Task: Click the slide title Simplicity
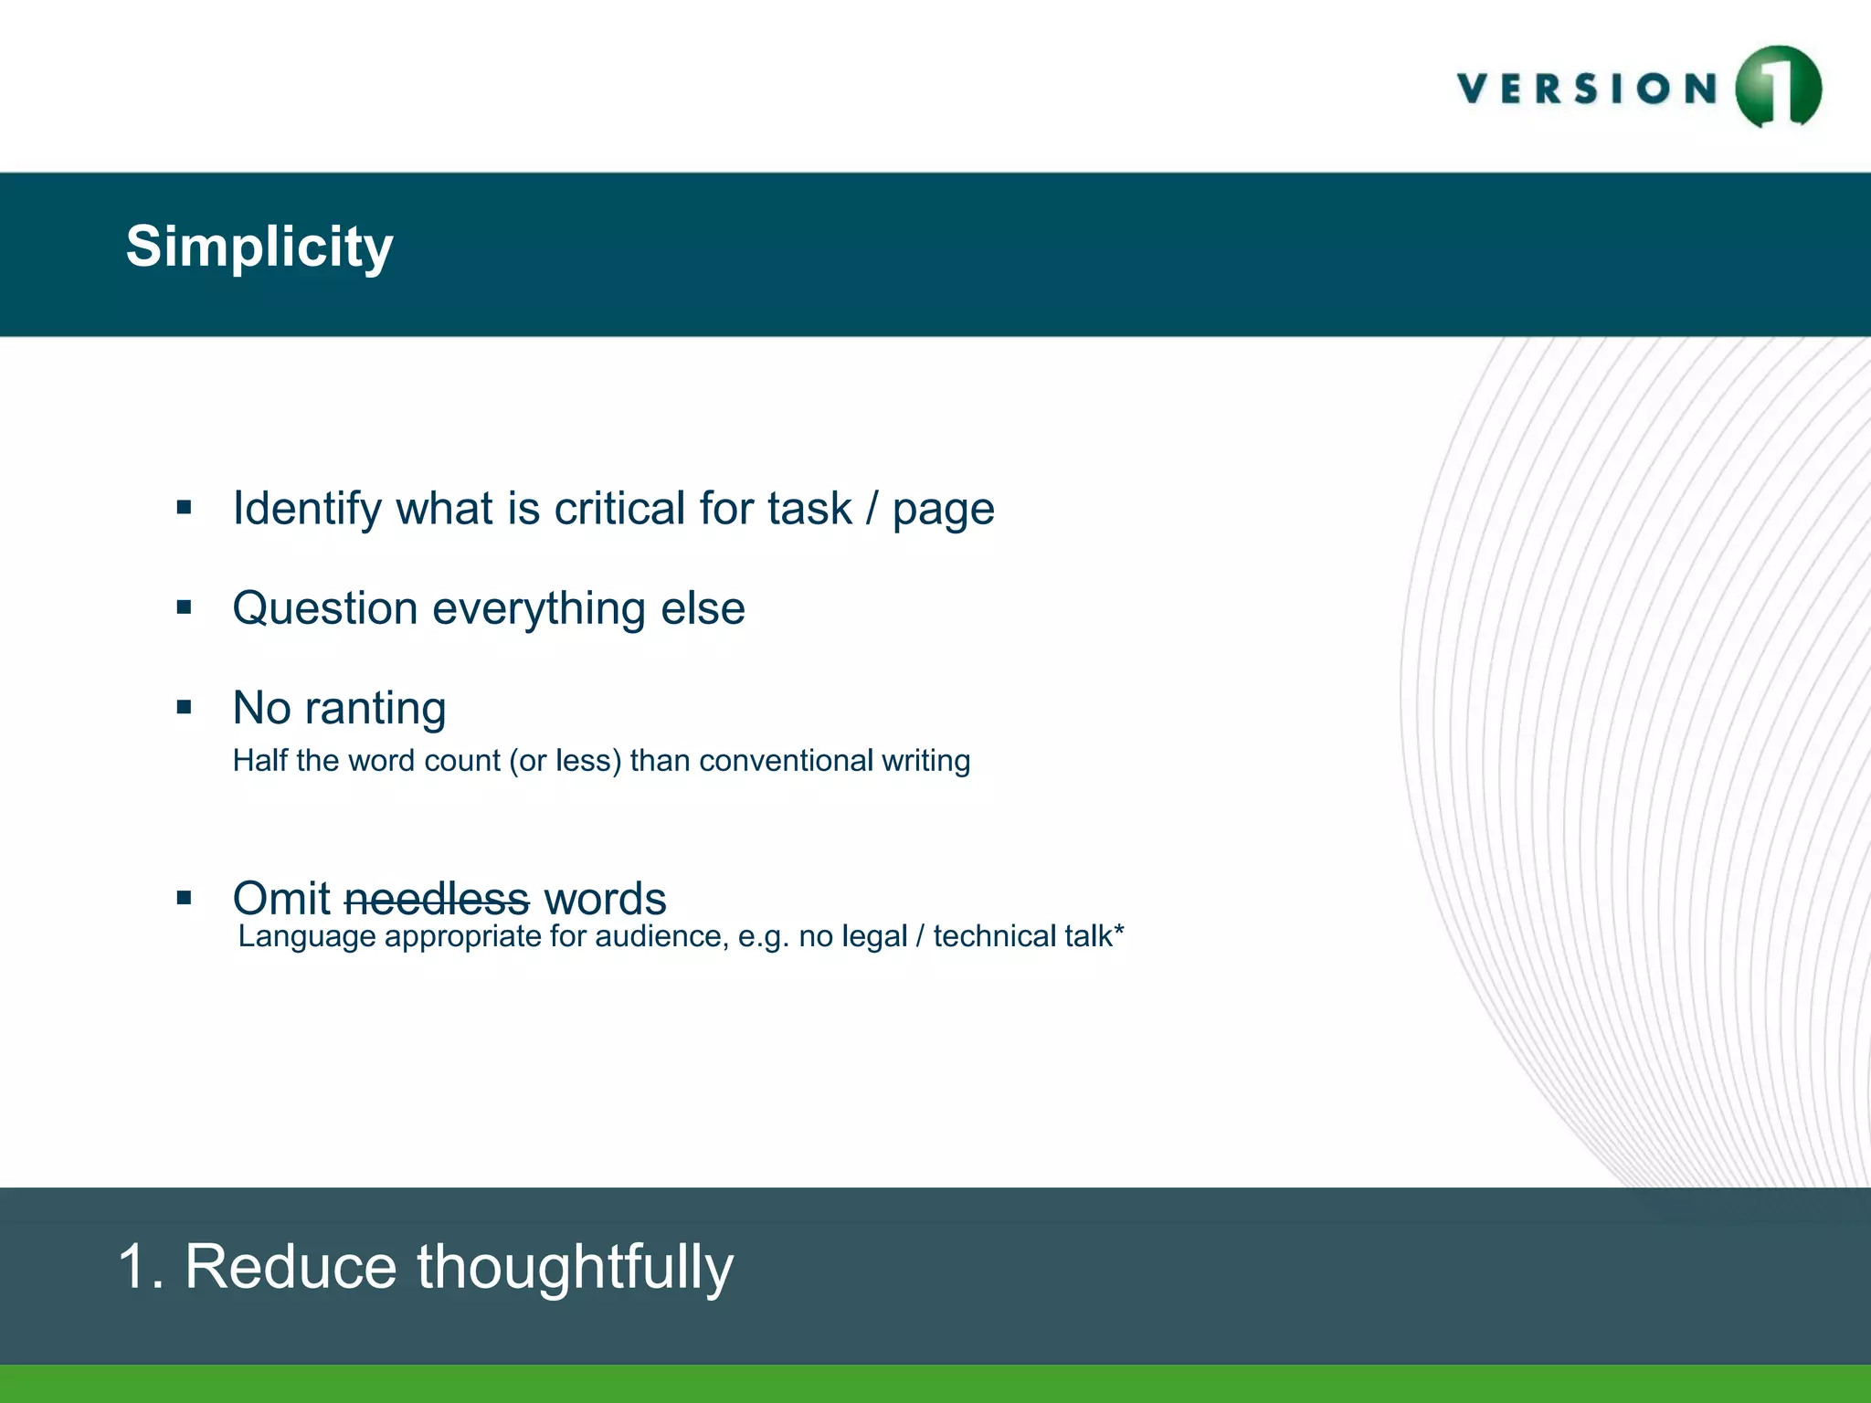[x=259, y=247]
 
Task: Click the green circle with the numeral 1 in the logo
[x=1778, y=88]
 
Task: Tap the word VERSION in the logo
[x=1588, y=90]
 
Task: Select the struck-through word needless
[x=437, y=899]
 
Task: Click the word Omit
[x=280, y=899]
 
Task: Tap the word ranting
[x=375, y=708]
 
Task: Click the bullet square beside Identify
[x=185, y=507]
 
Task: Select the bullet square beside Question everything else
[x=185, y=607]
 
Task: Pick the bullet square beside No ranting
[x=185, y=706]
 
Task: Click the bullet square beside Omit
[x=185, y=898]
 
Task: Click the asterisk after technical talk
[x=1119, y=932]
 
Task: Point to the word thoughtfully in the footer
[x=575, y=1268]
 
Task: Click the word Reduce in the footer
[x=291, y=1268]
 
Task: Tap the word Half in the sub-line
[x=259, y=761]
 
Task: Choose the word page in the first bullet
[x=943, y=510]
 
